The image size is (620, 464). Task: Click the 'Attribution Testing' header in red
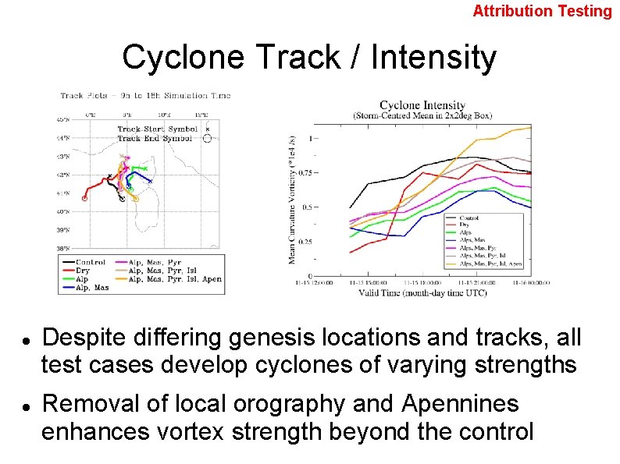point(542,11)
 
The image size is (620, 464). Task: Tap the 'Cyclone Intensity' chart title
point(422,105)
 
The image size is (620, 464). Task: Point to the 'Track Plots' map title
point(145,95)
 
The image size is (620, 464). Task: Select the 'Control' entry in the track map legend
point(91,263)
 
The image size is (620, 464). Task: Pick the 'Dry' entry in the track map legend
point(83,271)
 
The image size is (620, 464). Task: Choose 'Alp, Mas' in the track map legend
point(92,288)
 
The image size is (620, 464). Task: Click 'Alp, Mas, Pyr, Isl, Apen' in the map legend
point(175,279)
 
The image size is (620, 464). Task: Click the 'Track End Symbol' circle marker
point(207,138)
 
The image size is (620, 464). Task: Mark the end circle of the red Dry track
point(84,198)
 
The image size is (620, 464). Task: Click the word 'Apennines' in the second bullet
point(460,404)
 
